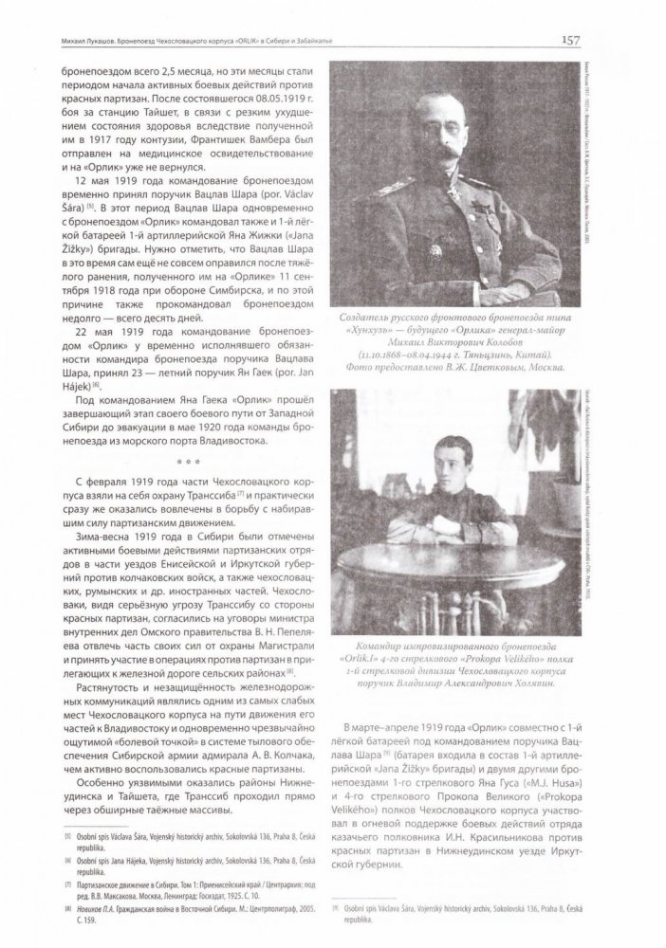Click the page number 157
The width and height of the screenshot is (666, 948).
click(x=571, y=40)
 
